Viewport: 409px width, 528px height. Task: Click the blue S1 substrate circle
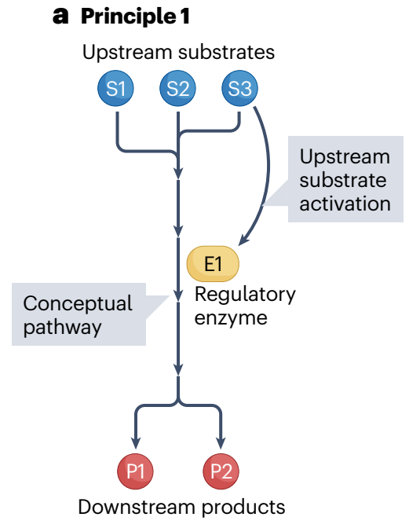115,88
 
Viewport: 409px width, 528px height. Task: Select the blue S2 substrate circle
177,88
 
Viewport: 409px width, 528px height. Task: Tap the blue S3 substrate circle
239,88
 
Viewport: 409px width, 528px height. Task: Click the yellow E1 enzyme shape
213,264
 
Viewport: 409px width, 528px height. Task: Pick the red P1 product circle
135,471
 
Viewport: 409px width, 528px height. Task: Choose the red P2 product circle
221,471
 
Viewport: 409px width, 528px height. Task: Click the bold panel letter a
60,16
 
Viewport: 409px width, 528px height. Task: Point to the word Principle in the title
129,16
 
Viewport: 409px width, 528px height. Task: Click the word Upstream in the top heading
127,53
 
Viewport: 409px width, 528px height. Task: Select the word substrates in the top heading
226,53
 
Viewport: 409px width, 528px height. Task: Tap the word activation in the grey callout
345,203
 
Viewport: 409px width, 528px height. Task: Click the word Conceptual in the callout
78,304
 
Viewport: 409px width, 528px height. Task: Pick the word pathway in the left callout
62,328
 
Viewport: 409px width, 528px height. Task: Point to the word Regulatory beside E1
245,295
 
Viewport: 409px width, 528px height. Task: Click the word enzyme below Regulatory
231,318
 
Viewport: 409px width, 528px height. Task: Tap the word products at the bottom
243,508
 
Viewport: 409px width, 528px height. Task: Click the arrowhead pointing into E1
243,239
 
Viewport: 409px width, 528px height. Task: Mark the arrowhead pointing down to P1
135,443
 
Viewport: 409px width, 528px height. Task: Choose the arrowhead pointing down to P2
221,443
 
